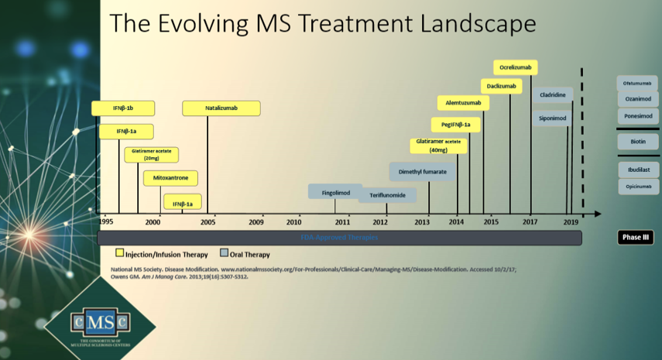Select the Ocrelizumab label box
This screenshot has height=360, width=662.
(516, 68)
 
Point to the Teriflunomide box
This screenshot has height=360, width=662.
(387, 196)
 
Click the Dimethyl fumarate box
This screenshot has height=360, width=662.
(422, 171)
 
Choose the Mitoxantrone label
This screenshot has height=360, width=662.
(170, 178)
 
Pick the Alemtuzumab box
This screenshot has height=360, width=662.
(463, 103)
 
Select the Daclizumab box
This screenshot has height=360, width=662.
(502, 85)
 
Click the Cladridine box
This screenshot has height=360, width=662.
(552, 95)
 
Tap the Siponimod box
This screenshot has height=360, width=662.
(552, 118)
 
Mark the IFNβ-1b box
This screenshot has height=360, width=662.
(123, 108)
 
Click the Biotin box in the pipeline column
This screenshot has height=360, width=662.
(638, 142)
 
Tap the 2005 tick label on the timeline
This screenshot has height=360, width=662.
(208, 222)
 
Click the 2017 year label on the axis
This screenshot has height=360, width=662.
(530, 222)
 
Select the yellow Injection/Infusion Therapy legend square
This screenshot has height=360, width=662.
(120, 252)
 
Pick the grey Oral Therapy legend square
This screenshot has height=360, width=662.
(225, 252)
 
